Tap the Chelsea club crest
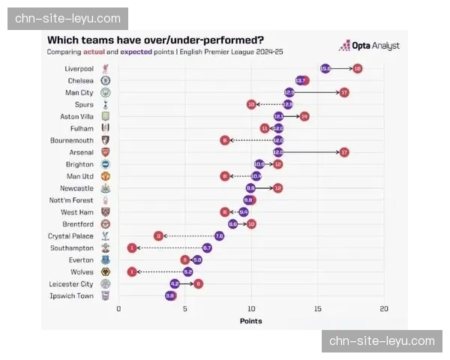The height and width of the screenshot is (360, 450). pos(106,80)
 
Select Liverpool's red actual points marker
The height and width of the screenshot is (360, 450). pos(357,68)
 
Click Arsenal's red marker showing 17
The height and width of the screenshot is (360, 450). pos(344,152)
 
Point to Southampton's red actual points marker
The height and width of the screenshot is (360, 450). pos(132,247)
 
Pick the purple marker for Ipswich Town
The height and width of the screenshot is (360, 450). pos(170,295)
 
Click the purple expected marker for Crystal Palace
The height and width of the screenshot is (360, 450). pos(219,235)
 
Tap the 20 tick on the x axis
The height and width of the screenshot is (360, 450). pos(384,308)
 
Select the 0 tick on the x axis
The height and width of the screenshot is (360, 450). pos(118,308)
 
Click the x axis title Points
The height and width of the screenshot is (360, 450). pos(251,321)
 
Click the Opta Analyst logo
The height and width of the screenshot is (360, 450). pos(370,46)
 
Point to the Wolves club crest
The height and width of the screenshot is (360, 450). pos(106,271)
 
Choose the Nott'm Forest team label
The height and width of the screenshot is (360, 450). pos(73,200)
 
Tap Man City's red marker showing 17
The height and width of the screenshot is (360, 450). pos(344,92)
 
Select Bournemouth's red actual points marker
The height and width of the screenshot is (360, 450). pos(224,140)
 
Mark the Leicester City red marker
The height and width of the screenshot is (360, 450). pos(198,283)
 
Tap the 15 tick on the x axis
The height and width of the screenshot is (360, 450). pos(318,308)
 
